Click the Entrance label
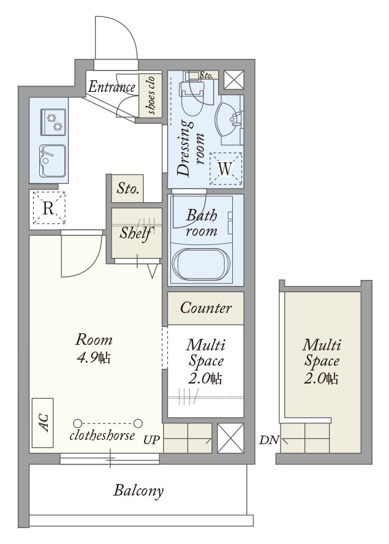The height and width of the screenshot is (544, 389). point(111,87)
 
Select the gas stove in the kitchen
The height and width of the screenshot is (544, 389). point(53,122)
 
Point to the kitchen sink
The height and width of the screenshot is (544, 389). point(53,161)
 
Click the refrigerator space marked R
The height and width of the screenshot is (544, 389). point(49,208)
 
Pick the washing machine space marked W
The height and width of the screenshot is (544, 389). point(225,169)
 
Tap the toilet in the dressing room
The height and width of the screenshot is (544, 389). point(191,94)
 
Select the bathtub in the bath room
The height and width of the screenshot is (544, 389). point(202,264)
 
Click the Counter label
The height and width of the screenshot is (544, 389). point(206,308)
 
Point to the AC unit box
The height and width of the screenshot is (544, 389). point(43,423)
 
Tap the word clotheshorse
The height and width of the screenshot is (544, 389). point(102,435)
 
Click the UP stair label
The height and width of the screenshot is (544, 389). point(152,440)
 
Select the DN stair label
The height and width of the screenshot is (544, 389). point(269,440)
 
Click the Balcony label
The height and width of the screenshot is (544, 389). point(138,491)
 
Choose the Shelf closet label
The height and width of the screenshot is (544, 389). point(135,233)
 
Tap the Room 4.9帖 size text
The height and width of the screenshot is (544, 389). point(94,349)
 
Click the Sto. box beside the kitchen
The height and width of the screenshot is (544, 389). point(127,189)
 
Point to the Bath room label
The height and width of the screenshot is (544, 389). point(202,223)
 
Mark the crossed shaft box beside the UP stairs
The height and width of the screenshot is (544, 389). point(230,438)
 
